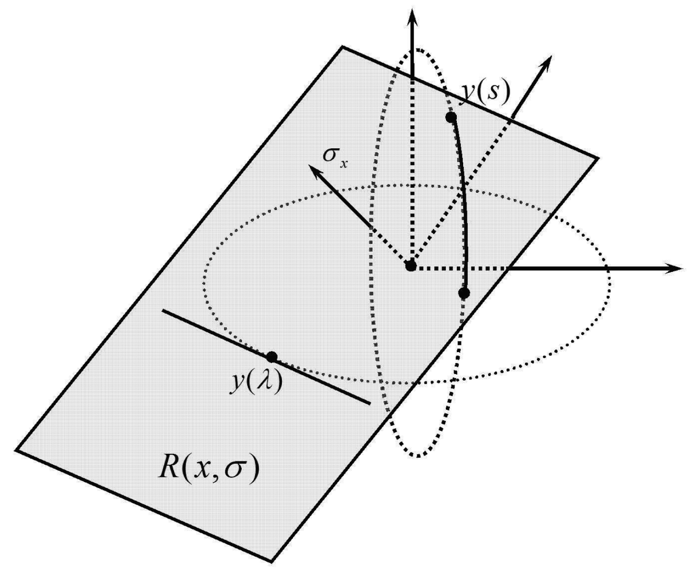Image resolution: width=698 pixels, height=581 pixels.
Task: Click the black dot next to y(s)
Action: tap(450, 117)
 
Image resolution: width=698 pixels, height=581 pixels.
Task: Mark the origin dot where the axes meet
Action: tap(411, 266)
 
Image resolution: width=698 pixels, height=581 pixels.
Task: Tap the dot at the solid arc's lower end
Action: tap(464, 293)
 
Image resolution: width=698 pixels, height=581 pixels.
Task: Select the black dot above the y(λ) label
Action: tap(271, 357)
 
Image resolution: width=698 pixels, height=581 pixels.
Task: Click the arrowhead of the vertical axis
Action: tap(413, 13)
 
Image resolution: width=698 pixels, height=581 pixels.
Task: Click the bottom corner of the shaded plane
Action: tap(271, 561)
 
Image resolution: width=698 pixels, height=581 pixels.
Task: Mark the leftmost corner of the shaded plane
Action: tap(16, 449)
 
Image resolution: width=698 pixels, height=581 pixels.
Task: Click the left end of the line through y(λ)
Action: tap(163, 311)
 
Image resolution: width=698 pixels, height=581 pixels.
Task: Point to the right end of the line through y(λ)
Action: tap(370, 402)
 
